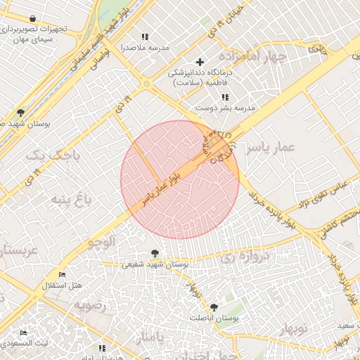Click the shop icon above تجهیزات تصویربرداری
tap(34, 18)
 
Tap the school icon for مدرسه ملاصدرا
tap(146, 37)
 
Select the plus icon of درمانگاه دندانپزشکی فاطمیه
tap(200, 62)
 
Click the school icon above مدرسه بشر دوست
tap(225, 97)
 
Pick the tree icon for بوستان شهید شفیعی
tap(155, 253)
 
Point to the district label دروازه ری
tap(244, 257)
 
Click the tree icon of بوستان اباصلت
tap(214, 307)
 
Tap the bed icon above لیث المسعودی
tap(24, 333)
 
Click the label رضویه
tap(91, 305)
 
